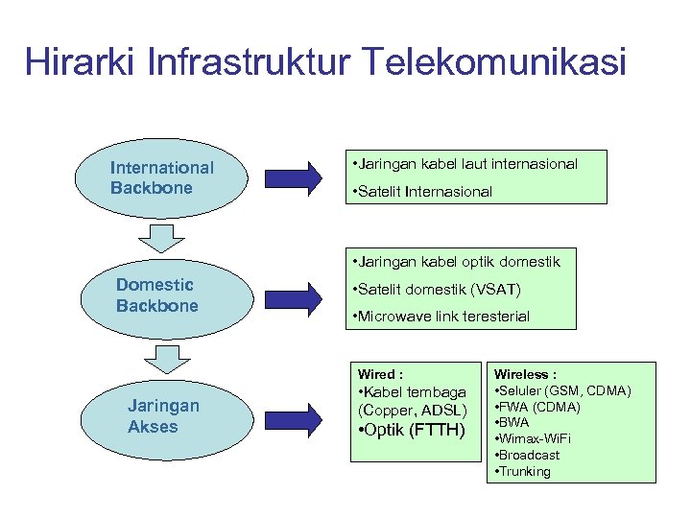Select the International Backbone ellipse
[x=164, y=177]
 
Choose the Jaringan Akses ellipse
[x=164, y=415]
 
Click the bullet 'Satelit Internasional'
[x=423, y=192]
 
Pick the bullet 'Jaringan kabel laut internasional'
[x=466, y=164]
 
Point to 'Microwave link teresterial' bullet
[x=441, y=317]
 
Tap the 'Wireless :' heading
[x=526, y=374]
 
